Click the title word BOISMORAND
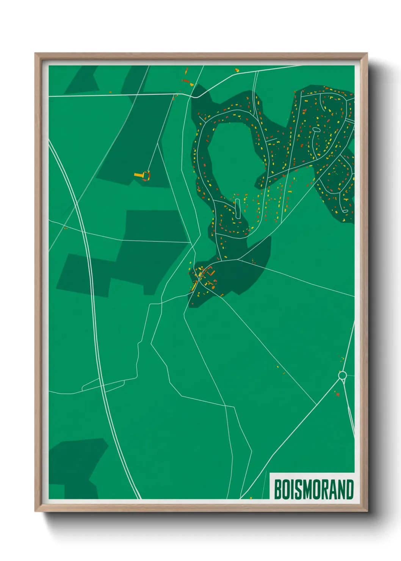pyautogui.click(x=313, y=489)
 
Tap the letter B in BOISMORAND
pyautogui.click(x=277, y=489)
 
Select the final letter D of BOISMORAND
pyautogui.click(x=349, y=489)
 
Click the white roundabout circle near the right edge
pyautogui.click(x=342, y=375)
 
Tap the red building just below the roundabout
pyautogui.click(x=337, y=395)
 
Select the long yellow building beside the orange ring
pyautogui.click(x=139, y=175)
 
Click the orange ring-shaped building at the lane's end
pyautogui.click(x=146, y=176)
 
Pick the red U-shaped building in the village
pyautogui.click(x=210, y=272)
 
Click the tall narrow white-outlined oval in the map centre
pyautogui.click(x=238, y=208)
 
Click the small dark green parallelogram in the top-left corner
pyautogui.click(x=81, y=80)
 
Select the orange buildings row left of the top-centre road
pyautogui.click(x=185, y=81)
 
